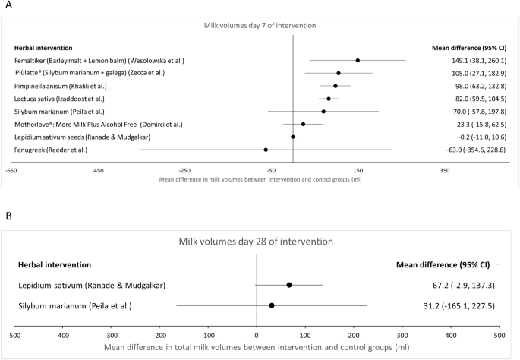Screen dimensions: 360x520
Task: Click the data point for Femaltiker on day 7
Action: pos(358,60)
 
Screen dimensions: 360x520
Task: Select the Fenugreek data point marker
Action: pos(266,150)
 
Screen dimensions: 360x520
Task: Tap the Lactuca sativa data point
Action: pos(329,99)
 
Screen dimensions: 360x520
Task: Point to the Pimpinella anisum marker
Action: pos(336,86)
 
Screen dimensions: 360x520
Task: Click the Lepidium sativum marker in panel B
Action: pos(289,285)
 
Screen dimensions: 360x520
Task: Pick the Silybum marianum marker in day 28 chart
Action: pos(272,305)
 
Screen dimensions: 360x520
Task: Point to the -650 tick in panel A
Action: pos(11,171)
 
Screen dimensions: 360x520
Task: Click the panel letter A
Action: pos(8,8)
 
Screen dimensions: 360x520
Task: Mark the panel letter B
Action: pos(8,216)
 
